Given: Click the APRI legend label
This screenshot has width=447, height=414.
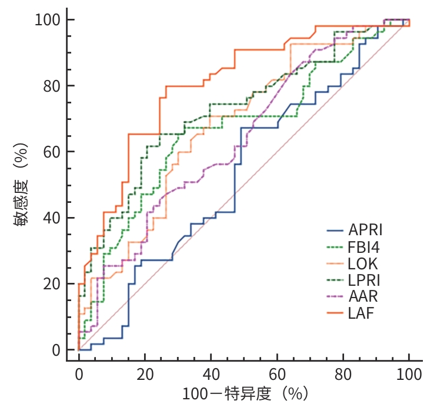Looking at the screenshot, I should point(365,229).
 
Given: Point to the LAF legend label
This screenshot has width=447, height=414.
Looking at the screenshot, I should point(361,313).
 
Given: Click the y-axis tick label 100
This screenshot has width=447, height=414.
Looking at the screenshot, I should point(46,20).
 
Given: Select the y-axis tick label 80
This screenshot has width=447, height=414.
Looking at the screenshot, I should point(51,86).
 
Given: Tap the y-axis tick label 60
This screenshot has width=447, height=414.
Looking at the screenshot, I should point(51,152).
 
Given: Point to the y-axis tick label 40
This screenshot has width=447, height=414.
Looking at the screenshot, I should point(51,218).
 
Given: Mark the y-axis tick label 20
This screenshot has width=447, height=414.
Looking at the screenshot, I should point(51,284).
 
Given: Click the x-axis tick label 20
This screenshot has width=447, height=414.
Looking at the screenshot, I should point(145,374).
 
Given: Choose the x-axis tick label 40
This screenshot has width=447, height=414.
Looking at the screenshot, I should point(211,374).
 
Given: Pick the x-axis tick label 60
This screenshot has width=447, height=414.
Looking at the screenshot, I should point(277,374).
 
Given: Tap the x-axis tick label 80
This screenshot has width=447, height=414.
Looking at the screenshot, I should point(343,374).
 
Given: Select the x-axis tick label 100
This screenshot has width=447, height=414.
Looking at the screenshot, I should point(409,374).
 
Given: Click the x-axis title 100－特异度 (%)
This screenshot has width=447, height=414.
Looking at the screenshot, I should point(245,394).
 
